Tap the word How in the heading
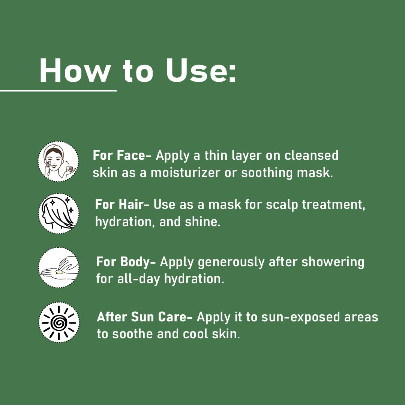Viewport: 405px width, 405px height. point(75,70)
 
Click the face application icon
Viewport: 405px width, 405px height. point(58,161)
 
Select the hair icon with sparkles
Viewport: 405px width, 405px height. point(58,214)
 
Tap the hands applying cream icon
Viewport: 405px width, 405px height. point(58,268)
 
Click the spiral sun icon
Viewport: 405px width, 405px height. point(59,322)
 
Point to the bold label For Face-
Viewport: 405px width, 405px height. point(122,156)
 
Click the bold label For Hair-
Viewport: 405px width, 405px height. point(122,205)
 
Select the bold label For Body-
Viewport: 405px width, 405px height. point(126,262)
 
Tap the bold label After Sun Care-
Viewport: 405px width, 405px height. point(145,317)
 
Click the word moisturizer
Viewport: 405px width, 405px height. point(186,173)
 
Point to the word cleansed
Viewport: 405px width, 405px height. point(312,156)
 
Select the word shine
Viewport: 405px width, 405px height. point(203,222)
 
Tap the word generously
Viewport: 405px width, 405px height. point(231,262)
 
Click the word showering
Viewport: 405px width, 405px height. point(333,262)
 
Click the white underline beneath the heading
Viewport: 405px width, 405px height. point(58,90)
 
